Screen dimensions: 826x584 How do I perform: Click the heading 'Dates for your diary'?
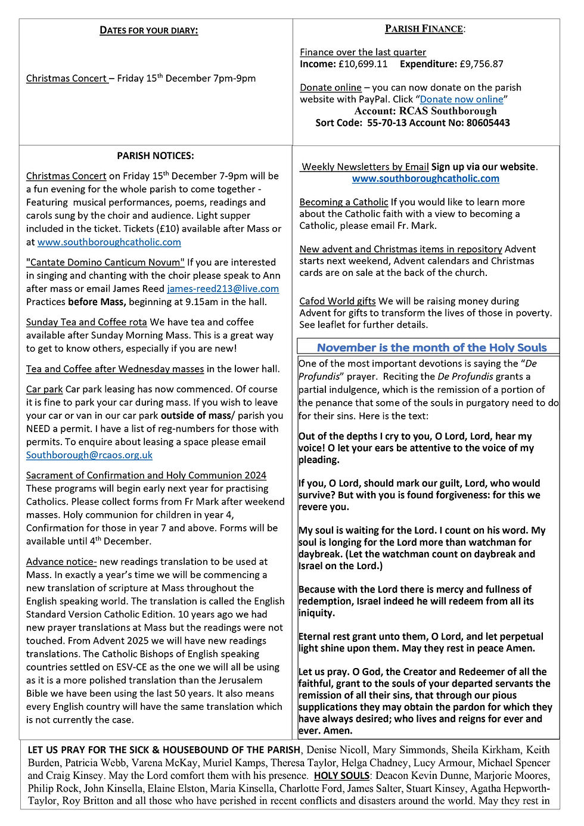[148, 30]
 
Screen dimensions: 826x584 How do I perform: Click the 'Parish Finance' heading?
[425, 29]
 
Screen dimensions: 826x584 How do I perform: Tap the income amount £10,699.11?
[363, 64]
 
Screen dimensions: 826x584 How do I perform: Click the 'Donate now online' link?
[461, 100]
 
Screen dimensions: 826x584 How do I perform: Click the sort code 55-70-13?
[389, 123]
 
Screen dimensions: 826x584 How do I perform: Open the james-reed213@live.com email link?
[223, 288]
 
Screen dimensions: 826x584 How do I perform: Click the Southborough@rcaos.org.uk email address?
[89, 455]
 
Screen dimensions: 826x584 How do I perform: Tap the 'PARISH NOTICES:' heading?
[156, 156]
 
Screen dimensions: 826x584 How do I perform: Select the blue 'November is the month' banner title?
[431, 347]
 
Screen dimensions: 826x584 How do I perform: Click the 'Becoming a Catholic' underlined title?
[344, 202]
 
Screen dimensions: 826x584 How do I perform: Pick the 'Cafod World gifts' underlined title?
[337, 301]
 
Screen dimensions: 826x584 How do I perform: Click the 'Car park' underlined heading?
[44, 389]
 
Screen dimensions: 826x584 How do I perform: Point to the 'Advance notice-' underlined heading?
[61, 561]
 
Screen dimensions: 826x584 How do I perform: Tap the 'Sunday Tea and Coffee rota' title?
[86, 322]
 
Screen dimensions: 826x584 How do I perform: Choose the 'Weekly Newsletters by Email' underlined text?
[365, 167]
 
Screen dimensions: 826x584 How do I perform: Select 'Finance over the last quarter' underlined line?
[363, 52]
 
